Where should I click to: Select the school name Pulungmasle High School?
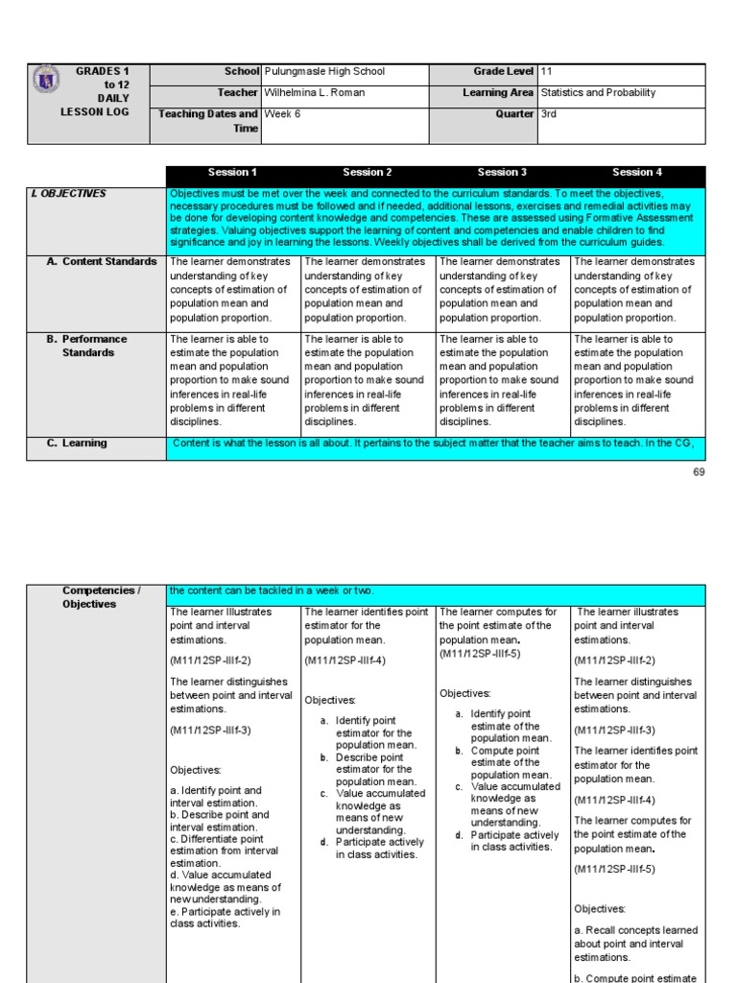323,71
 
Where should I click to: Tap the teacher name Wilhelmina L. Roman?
313,93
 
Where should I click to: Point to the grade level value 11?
547,71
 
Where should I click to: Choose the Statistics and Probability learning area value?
598,93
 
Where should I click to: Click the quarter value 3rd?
549,114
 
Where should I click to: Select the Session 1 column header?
233,173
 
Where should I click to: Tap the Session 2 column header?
368,173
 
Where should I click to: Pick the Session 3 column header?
502,173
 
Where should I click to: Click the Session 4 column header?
637,173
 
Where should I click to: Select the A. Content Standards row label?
102,262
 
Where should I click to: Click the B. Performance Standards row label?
94,346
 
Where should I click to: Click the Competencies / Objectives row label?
101,597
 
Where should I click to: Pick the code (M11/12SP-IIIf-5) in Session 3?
480,654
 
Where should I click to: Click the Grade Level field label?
503,71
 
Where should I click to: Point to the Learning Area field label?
497,93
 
